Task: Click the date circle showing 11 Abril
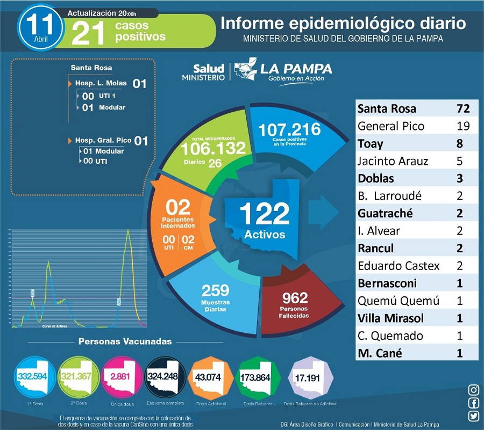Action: (x=39, y=26)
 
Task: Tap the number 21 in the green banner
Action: (x=88, y=32)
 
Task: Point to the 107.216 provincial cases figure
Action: (x=289, y=130)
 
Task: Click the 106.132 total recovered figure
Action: (x=213, y=149)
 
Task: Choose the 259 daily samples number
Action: (x=215, y=290)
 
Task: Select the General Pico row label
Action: (x=390, y=126)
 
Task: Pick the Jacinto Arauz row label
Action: (x=392, y=161)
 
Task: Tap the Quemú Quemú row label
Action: (x=398, y=301)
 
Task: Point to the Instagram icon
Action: (x=474, y=390)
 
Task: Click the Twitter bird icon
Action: (x=474, y=416)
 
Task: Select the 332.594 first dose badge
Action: (x=32, y=377)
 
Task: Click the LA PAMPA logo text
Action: (x=296, y=69)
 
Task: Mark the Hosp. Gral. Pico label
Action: (x=103, y=141)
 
